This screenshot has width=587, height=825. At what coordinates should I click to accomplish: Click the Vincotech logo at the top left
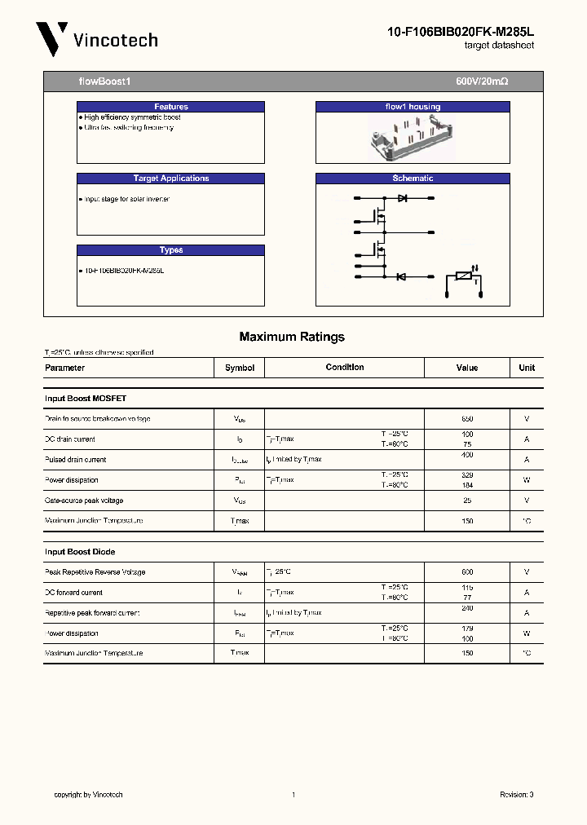tap(96, 39)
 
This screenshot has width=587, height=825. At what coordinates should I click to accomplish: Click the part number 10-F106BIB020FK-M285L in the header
tap(460, 32)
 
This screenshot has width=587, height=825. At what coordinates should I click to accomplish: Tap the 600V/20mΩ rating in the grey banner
tap(482, 82)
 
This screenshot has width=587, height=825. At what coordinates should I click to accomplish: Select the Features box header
tap(170, 107)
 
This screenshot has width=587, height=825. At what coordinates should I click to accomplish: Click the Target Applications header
tap(170, 179)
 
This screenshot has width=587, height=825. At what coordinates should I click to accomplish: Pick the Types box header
tap(170, 250)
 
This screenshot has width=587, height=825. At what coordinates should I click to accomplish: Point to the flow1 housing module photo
tap(412, 136)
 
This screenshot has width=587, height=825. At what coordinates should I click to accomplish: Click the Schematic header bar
tap(413, 179)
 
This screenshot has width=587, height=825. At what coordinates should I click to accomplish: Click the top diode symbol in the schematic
tap(402, 198)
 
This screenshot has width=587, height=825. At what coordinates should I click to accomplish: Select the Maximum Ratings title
tap(292, 337)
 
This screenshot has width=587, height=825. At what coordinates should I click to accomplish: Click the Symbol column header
tap(240, 368)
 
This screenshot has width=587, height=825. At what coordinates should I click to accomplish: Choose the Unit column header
tap(527, 368)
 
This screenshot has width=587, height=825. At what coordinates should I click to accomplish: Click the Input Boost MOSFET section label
tap(86, 399)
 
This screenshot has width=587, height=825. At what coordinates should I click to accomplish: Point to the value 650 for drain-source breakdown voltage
tap(467, 419)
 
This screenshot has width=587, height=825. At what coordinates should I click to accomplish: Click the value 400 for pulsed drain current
tap(467, 455)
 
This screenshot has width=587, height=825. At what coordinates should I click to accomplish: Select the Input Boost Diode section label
tap(79, 552)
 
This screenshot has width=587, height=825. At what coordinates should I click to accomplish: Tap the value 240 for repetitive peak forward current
tap(467, 608)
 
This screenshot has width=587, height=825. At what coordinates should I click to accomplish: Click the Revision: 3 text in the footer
tap(516, 795)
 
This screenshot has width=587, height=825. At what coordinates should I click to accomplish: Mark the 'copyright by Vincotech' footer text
tap(88, 795)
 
